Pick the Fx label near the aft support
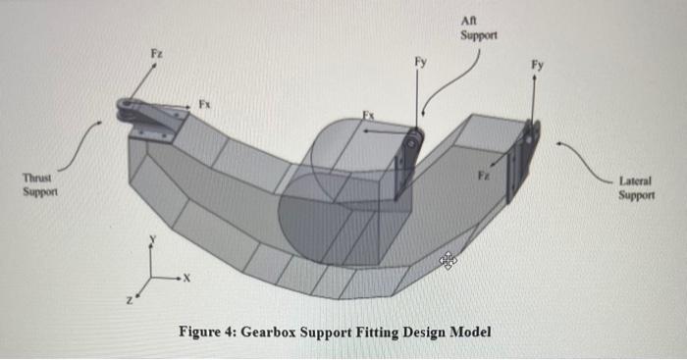click(369, 116)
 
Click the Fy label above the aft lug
click(420, 61)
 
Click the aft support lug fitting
click(406, 163)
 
